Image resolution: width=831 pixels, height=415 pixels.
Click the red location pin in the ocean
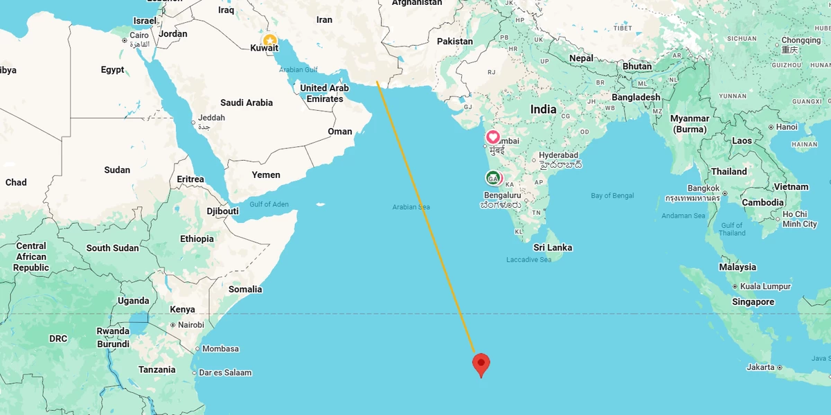pyautogui.click(x=481, y=363)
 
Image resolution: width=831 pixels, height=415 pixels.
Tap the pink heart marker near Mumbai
pyautogui.click(x=493, y=137)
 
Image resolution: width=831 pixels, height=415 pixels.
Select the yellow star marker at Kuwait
pyautogui.click(x=269, y=41)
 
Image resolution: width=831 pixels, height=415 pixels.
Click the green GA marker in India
pyautogui.click(x=493, y=178)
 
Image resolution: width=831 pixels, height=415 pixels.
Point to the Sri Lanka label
pyautogui.click(x=553, y=247)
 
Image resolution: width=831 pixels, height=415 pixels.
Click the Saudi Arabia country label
pyautogui.click(x=247, y=103)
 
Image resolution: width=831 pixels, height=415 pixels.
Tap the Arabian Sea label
pyautogui.click(x=411, y=207)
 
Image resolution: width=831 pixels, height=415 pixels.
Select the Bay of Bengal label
pyautogui.click(x=612, y=196)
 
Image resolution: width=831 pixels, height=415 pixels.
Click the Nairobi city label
pyautogui.click(x=190, y=325)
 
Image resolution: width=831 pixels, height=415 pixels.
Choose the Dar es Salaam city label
pyautogui.click(x=225, y=373)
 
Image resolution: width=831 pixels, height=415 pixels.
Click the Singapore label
pyautogui.click(x=753, y=302)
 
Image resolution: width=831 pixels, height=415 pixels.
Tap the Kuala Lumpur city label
pyautogui.click(x=765, y=286)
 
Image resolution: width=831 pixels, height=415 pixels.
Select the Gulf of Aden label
pyautogui.click(x=269, y=204)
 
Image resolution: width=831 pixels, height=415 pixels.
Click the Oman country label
pyautogui.click(x=340, y=132)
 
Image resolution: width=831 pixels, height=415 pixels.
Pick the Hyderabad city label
pyautogui.click(x=559, y=155)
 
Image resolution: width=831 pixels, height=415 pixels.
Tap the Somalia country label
pyautogui.click(x=245, y=289)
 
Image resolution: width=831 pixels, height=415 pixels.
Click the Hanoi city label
pyautogui.click(x=787, y=127)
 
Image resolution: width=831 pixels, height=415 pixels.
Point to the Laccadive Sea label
pyautogui.click(x=529, y=260)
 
